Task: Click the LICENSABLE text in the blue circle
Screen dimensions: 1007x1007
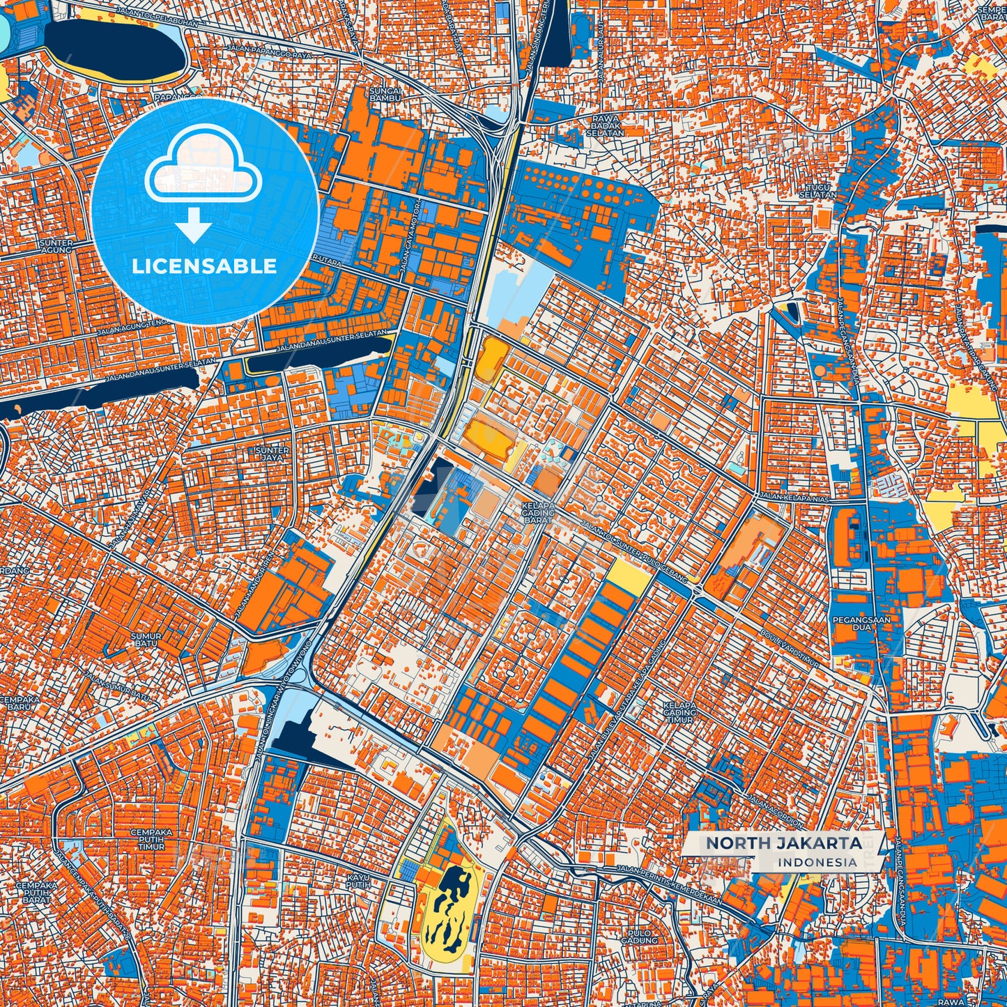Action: coord(204,266)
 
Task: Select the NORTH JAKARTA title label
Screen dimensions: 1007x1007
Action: coord(784,843)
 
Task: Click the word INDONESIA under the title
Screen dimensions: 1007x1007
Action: coord(817,862)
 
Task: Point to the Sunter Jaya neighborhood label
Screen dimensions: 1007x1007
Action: coord(272,454)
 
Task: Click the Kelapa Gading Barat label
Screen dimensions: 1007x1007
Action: coord(538,512)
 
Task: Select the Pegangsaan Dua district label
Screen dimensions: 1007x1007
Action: coord(852,623)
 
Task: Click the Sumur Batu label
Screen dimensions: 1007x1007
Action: coord(146,640)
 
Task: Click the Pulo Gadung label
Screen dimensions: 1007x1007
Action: coord(639,937)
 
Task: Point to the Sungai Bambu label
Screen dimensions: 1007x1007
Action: coord(385,94)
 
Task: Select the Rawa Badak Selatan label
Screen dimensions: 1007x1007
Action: coord(605,125)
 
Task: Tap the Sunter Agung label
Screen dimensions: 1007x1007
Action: coord(56,246)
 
